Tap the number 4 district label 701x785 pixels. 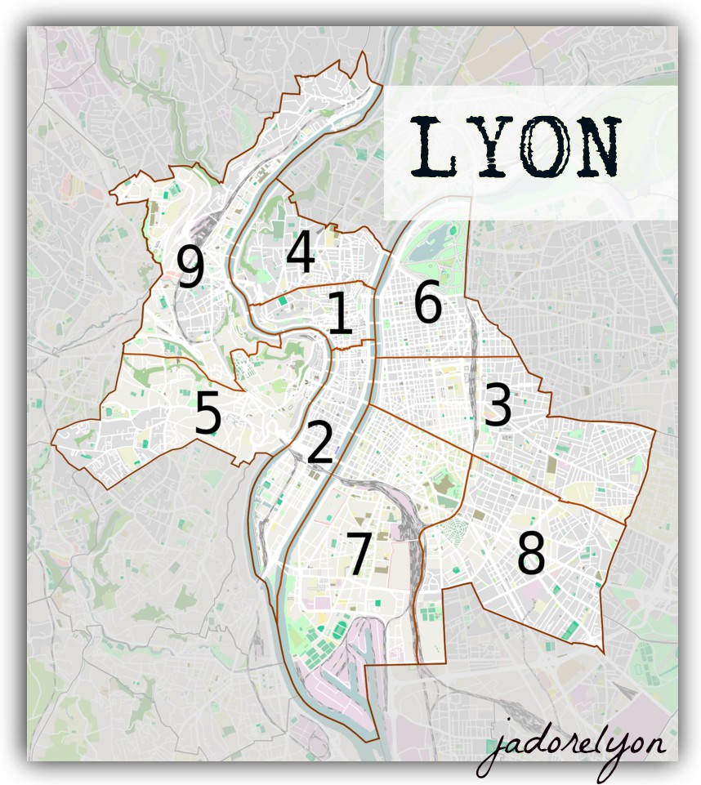point(300,252)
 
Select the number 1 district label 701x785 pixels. point(340,314)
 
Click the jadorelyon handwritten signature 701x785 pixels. point(572,746)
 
